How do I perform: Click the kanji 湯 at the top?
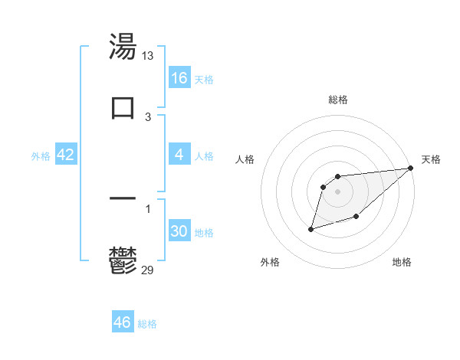coord(123,47)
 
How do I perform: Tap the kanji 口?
coord(123,106)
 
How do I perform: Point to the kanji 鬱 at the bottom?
coord(123,260)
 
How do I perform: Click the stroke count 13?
coord(148,56)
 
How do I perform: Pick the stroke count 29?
coord(148,270)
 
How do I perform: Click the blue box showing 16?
coord(179,78)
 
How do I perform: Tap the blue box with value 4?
coord(179,155)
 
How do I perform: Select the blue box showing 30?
coord(179,231)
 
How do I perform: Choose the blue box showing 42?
coord(66,155)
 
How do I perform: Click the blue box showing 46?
coord(123,322)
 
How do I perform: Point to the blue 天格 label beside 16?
coord(204,79)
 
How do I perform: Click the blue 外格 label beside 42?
coord(41,155)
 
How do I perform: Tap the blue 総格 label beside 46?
coord(147,323)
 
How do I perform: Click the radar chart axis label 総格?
coord(338,100)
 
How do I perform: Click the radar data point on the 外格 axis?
coord(311,228)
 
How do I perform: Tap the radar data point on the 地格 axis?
coord(356,217)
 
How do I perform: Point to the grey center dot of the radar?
coord(338,191)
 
